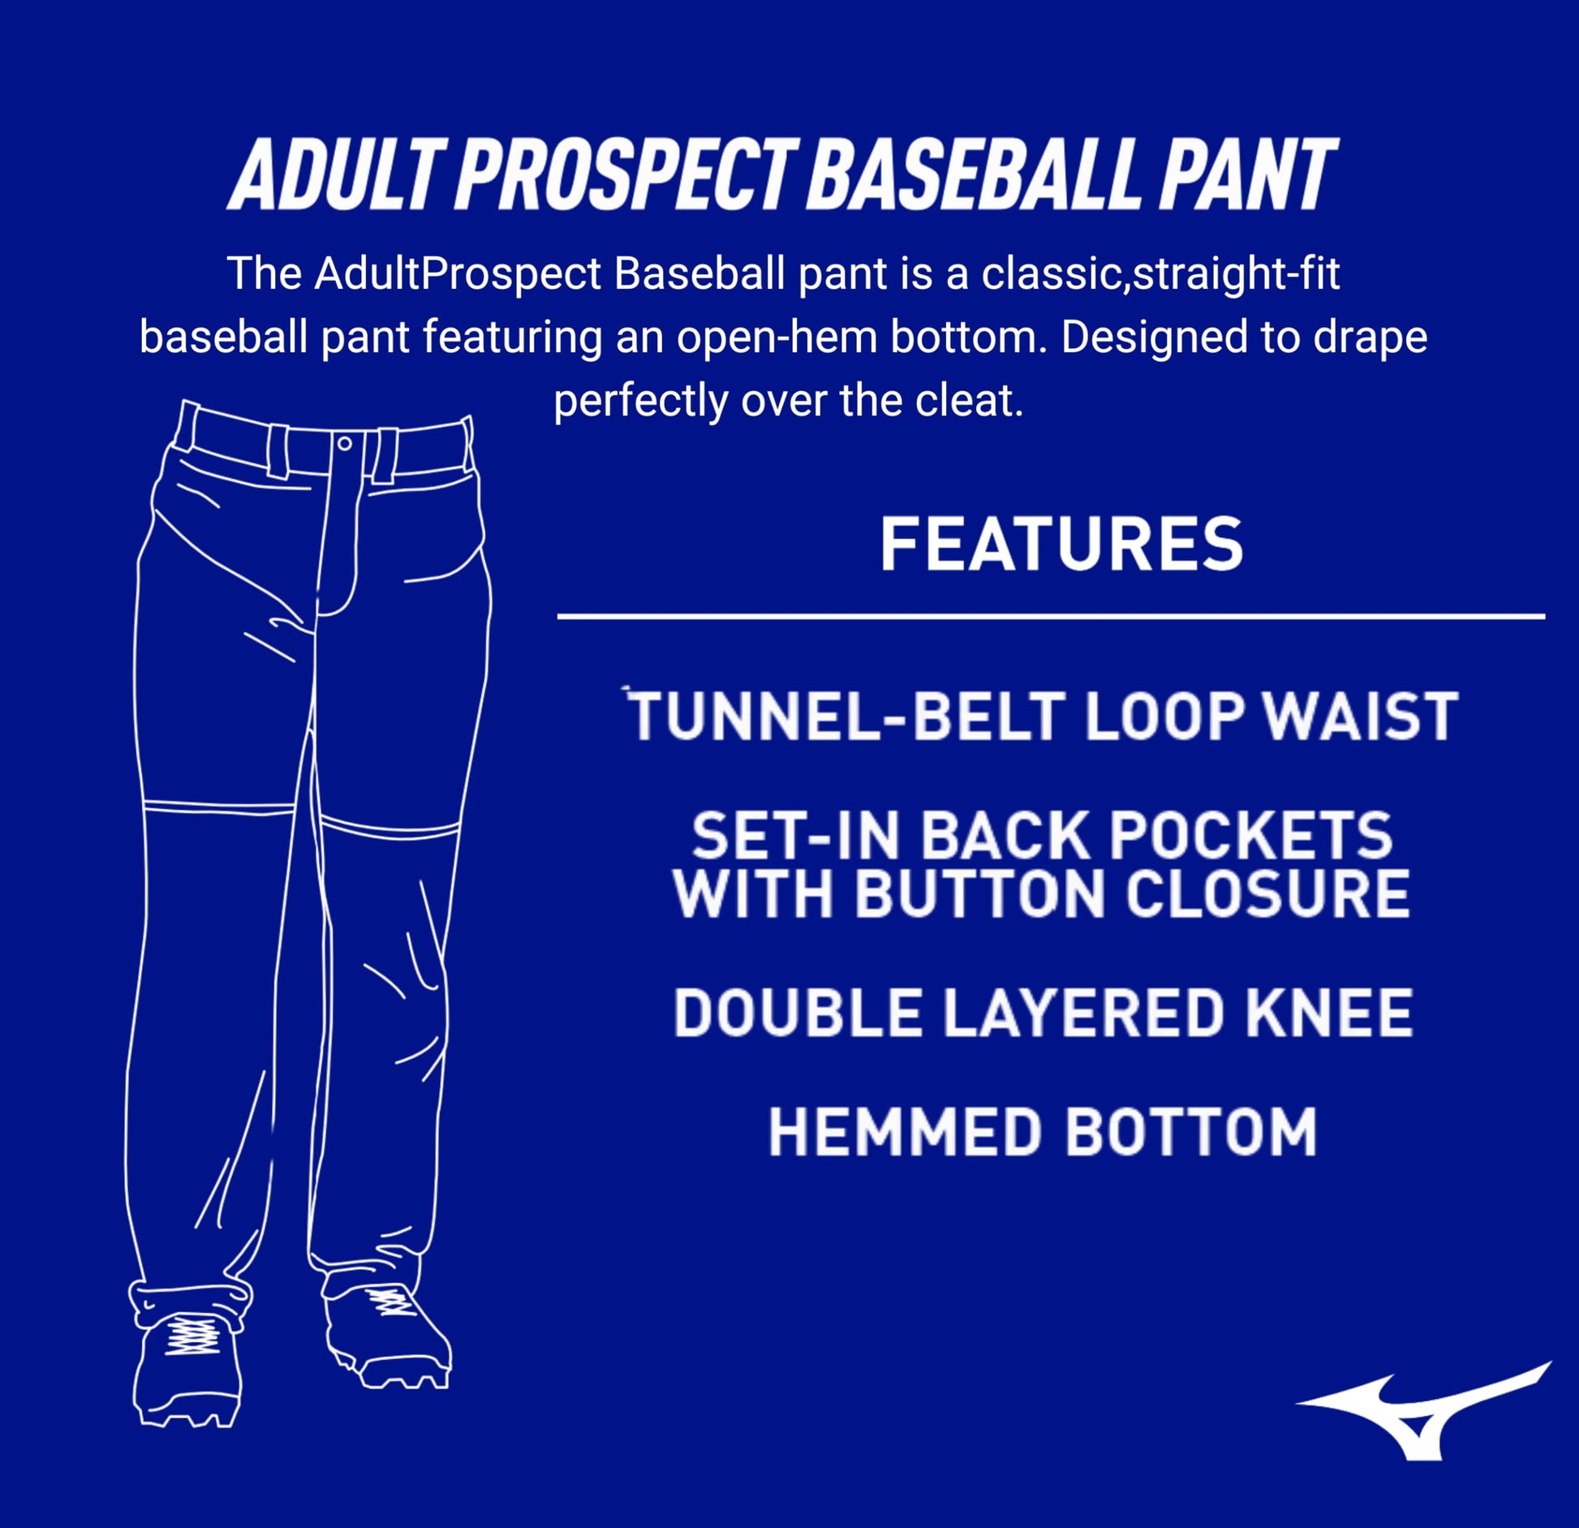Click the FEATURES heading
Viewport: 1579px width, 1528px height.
[1061, 544]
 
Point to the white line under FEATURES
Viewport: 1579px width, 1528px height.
[1051, 617]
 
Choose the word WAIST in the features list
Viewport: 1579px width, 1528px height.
[1362, 717]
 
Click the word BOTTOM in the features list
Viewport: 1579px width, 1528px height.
[1190, 1132]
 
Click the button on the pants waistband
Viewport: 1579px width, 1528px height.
[344, 444]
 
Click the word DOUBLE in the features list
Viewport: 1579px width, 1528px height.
[796, 1013]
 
